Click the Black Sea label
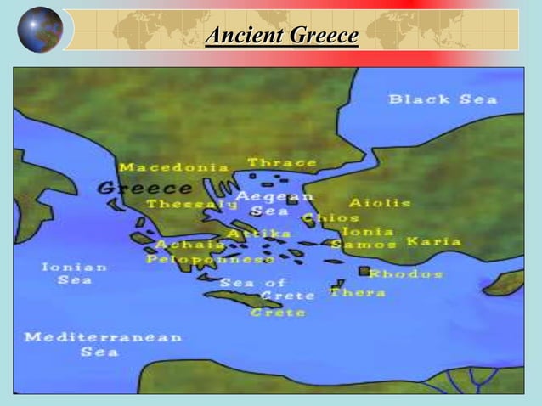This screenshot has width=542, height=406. pyautogui.click(x=443, y=99)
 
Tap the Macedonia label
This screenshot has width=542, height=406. pyautogui.click(x=174, y=167)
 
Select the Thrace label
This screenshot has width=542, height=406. pyautogui.click(x=282, y=162)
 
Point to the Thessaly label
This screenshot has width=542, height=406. pyautogui.click(x=192, y=205)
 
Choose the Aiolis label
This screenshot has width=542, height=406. pyautogui.click(x=380, y=203)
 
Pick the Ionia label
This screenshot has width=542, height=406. pyautogui.click(x=368, y=231)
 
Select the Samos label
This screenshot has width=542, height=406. pyautogui.click(x=364, y=245)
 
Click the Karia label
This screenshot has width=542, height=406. pyautogui.click(x=434, y=241)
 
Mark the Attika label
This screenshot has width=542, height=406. pyautogui.click(x=259, y=233)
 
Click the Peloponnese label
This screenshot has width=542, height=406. pyautogui.click(x=210, y=258)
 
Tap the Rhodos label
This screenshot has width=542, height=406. pyautogui.click(x=405, y=273)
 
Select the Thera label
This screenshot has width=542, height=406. pyautogui.click(x=358, y=292)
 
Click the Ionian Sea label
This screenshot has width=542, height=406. pyautogui.click(x=75, y=273)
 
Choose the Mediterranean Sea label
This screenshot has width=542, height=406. pyautogui.click(x=103, y=344)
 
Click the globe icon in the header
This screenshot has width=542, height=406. pyautogui.click(x=40, y=30)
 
